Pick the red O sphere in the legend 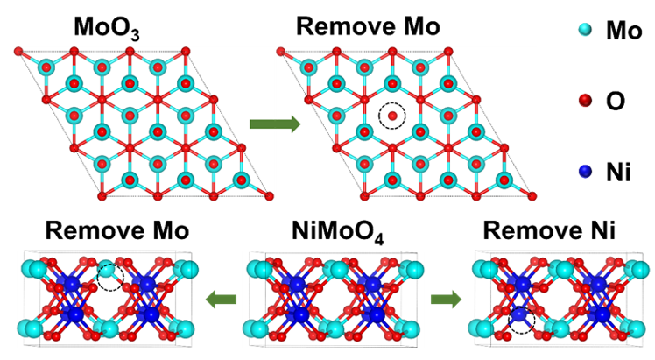(560, 102)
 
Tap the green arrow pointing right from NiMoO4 (446, 301)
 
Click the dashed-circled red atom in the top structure (393, 115)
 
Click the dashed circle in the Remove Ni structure (521, 319)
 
